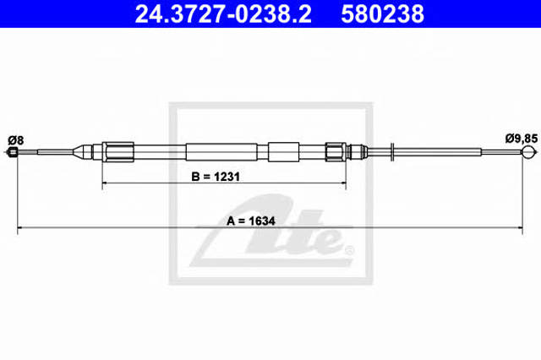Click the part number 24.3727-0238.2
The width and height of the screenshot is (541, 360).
pos(223,14)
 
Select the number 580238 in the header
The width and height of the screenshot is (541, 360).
pos(383,14)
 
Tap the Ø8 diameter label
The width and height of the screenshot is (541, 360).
pos(16,140)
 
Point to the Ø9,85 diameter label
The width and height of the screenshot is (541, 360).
pos(522,139)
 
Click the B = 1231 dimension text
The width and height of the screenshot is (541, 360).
pos(216,177)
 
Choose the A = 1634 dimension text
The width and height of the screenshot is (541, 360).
pos(251,221)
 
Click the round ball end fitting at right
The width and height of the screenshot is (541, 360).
pos(528,152)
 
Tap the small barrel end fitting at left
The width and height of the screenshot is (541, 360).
pos(13,152)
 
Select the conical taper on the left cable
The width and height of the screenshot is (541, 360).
pos(79,152)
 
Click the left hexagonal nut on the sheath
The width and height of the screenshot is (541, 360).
pos(118,152)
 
